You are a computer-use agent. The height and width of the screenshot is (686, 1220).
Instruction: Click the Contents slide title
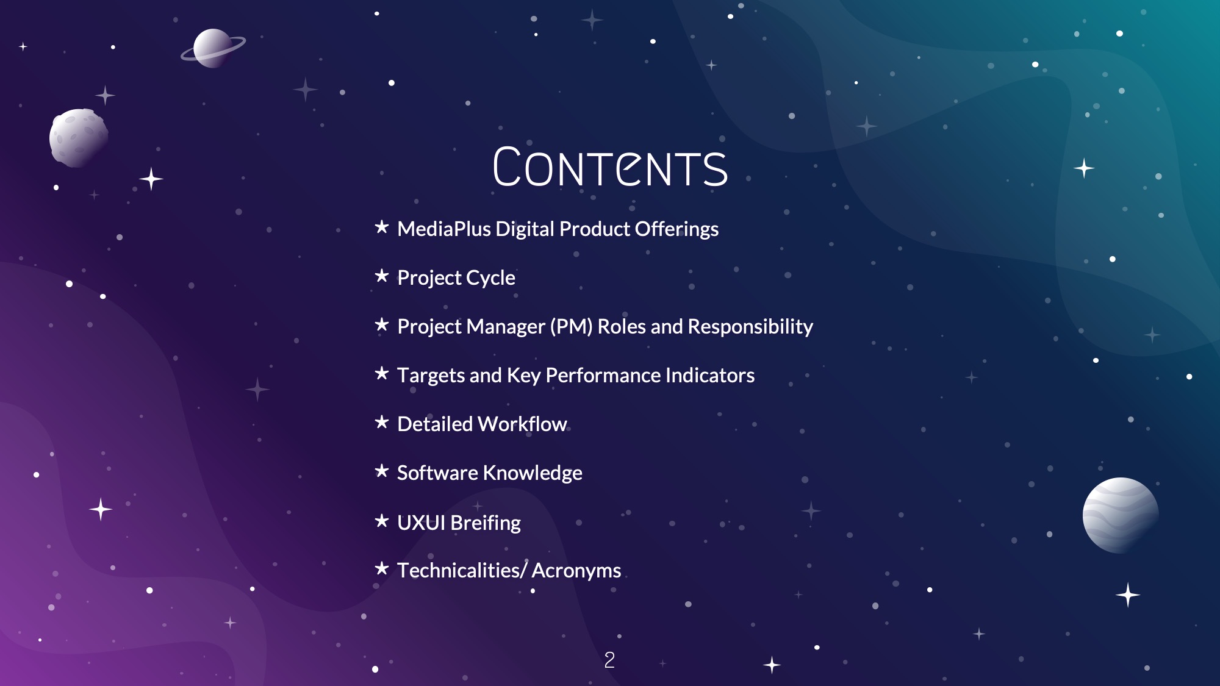click(610, 167)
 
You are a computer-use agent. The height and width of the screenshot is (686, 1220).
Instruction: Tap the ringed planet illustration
click(213, 48)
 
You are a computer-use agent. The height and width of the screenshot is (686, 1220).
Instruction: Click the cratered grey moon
click(79, 138)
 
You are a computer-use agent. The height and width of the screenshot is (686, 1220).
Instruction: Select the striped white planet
click(1121, 515)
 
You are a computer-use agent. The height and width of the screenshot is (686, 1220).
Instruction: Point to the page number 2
click(609, 660)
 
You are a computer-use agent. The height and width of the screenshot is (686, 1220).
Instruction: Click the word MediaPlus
click(444, 229)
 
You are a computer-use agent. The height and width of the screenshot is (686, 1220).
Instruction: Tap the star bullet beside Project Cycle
click(382, 276)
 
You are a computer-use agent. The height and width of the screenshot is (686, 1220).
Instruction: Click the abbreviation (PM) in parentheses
click(571, 327)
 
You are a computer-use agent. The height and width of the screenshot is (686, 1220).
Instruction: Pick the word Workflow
click(523, 424)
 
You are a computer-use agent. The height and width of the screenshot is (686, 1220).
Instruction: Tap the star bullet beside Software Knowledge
click(382, 471)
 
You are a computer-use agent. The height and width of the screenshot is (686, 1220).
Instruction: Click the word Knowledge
click(533, 473)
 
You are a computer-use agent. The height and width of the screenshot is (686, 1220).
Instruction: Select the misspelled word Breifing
click(486, 523)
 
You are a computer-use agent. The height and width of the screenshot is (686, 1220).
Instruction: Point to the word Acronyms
click(576, 571)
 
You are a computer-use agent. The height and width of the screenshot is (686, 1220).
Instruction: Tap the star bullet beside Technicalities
click(382, 568)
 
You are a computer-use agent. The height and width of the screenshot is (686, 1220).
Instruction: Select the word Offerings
click(676, 229)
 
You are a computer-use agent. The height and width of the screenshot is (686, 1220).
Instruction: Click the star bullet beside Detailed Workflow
click(382, 422)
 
